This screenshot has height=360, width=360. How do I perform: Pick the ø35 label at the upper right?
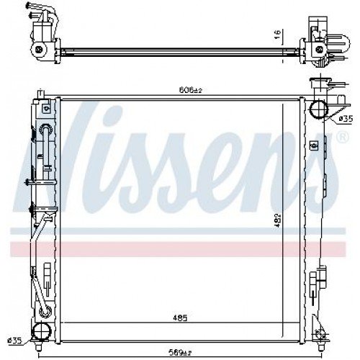pos(346,117)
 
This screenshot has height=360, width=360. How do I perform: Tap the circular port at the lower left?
pos(43,331)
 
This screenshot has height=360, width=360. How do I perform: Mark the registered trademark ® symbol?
pos(339,136)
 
